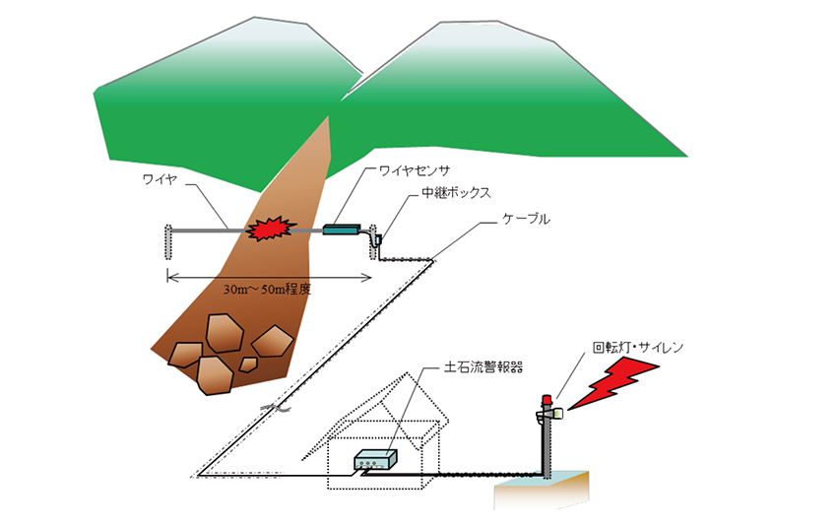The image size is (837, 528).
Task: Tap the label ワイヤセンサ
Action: click(x=417, y=170)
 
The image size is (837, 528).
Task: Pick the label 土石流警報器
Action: click(x=476, y=366)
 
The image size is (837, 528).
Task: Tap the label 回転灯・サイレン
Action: click(x=637, y=348)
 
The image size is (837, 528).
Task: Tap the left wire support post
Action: click(x=166, y=242)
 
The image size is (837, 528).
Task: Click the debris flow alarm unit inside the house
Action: click(x=378, y=460)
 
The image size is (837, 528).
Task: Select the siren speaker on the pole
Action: click(x=555, y=415)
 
